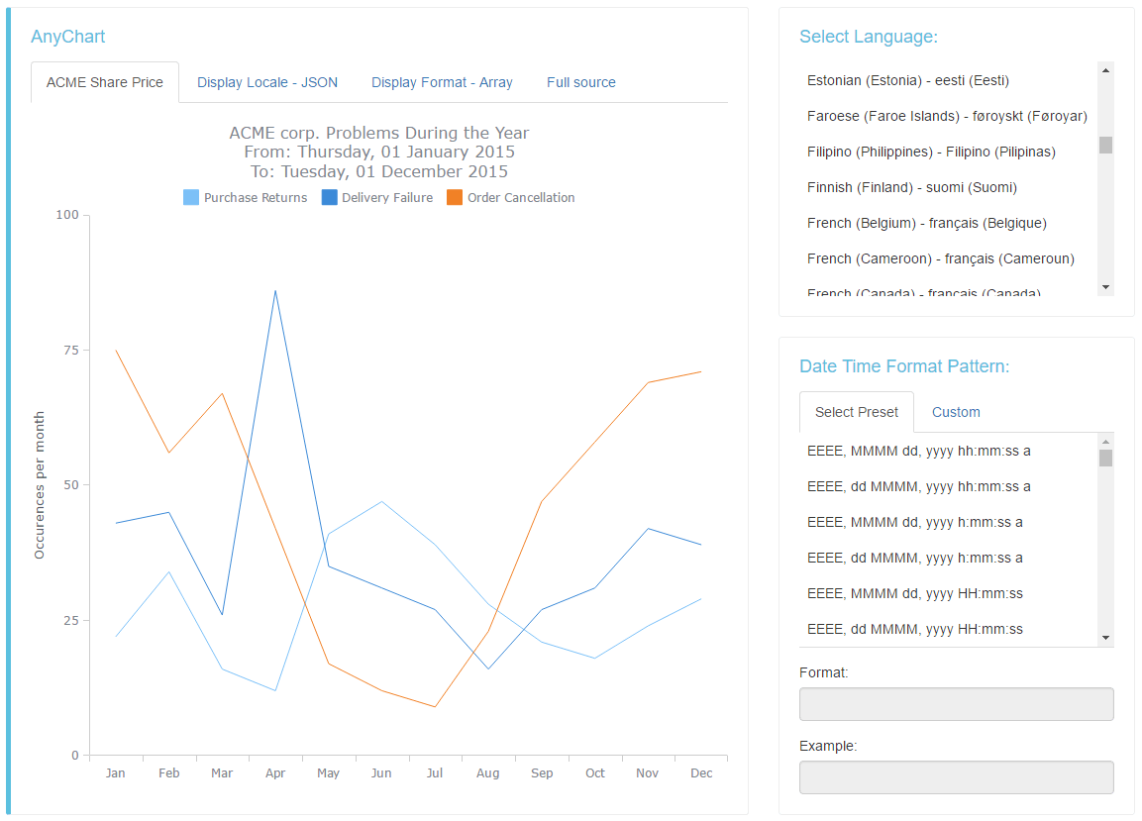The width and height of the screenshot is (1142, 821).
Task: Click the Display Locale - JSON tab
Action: pos(267,82)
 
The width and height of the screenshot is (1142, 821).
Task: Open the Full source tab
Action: pos(580,82)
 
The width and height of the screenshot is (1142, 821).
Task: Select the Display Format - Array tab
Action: pos(442,82)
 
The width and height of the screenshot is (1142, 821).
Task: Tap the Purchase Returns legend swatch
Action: pos(191,198)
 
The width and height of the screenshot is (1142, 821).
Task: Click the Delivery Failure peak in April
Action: pos(275,290)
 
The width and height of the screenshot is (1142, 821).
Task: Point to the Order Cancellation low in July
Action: pos(435,706)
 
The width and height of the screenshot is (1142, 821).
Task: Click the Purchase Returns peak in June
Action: pos(381,501)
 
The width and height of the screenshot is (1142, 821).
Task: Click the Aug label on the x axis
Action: pos(487,772)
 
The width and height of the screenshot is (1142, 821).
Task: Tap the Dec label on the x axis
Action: pos(700,772)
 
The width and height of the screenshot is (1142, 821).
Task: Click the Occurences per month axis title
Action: pos(40,485)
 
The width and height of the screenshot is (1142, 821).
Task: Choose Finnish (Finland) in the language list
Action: pos(911,187)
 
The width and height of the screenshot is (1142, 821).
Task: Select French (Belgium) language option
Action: pos(926,223)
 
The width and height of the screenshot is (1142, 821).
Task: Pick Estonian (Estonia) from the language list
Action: pos(907,80)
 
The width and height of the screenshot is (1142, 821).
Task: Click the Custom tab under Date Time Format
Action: pos(956,412)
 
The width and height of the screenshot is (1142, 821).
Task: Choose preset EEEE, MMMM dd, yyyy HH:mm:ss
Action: pos(914,593)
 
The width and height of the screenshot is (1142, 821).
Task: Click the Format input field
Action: pos(956,704)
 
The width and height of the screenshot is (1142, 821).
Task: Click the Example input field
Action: pos(956,777)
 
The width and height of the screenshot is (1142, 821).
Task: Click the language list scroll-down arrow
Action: pos(1105,286)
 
